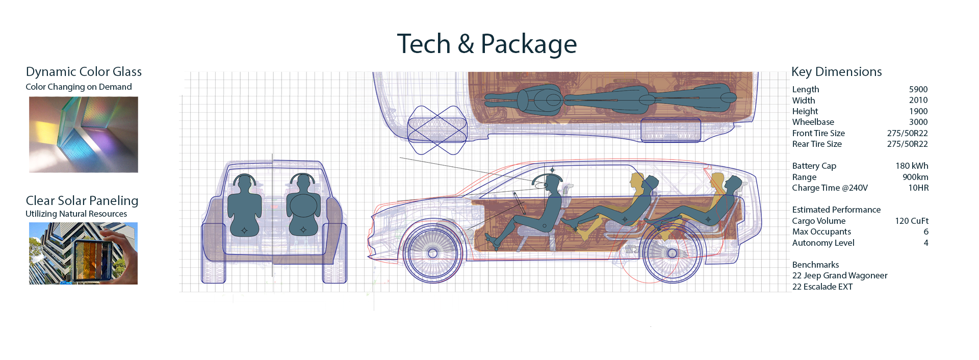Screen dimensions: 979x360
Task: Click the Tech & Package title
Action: (486, 44)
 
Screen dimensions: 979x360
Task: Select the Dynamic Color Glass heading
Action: (84, 72)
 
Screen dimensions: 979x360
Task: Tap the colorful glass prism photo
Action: (84, 135)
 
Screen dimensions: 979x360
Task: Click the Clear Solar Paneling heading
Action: (82, 201)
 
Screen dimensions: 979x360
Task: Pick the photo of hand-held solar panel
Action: (83, 253)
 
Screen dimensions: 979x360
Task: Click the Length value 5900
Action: (918, 89)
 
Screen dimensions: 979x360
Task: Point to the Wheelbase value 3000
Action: (918, 122)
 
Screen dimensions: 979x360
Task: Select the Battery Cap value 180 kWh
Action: (912, 166)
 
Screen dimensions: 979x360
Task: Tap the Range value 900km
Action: (915, 177)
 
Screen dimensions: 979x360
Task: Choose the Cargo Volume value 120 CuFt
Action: (911, 221)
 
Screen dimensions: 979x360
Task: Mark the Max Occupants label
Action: (821, 232)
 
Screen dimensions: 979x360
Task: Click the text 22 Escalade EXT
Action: (822, 287)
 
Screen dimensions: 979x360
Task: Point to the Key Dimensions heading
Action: (836, 72)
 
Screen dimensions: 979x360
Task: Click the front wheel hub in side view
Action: (432, 253)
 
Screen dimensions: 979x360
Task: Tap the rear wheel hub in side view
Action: (672, 253)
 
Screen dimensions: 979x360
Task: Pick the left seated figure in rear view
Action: (244, 207)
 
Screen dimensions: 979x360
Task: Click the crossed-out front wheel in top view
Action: (437, 130)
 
